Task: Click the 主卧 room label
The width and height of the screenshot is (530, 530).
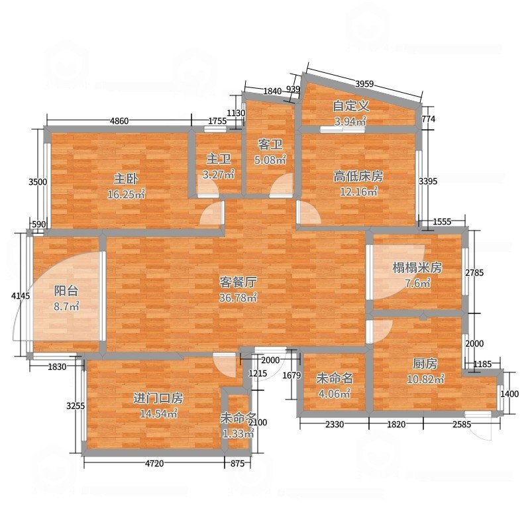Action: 126,179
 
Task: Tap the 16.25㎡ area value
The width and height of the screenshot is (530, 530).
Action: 126,194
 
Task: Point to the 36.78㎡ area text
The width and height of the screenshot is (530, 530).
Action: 238,297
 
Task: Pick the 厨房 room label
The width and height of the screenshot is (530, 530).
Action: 425,364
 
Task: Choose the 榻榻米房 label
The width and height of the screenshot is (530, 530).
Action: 417,268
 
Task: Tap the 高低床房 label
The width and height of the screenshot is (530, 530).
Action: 358,176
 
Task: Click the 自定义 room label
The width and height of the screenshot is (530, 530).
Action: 350,106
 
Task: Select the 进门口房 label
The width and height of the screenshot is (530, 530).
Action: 158,398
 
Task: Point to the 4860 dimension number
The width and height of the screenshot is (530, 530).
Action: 119,121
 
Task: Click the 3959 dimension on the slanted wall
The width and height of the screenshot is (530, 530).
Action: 364,83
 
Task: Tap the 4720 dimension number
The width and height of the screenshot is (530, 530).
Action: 154,463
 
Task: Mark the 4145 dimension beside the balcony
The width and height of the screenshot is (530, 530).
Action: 21,295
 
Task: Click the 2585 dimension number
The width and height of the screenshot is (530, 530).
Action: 462,424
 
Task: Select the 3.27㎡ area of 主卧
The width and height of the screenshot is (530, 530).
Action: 219,174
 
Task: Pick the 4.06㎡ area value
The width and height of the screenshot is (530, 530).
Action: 335,394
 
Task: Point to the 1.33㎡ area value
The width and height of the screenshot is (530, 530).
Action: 238,434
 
